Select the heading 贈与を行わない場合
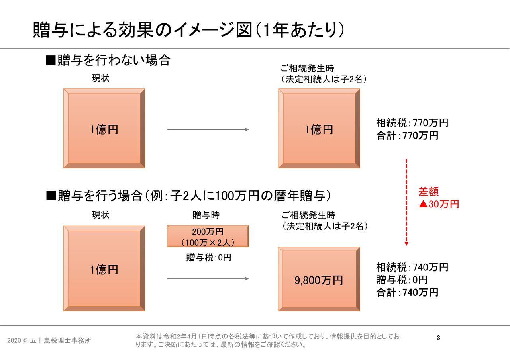pos(108,60)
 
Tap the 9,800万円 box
pos(319,279)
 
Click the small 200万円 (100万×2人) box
pos(208,236)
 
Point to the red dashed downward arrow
pos(406,202)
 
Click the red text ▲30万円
pos(439,204)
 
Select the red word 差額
pos(428,192)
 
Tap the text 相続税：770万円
pos(412,123)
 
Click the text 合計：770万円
pos(407,135)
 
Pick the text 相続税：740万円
pos(412,267)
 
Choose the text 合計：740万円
pos(407,292)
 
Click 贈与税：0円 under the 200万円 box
pos(208,258)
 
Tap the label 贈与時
pos(206,215)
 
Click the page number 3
pos(438,338)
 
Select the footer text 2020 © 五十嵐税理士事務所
pos(49,340)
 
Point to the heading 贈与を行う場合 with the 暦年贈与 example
pos(188,196)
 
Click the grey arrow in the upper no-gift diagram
pos(208,129)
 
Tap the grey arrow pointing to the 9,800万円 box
pos(208,278)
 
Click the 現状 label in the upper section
pos(100,78)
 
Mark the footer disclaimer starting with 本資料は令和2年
pos(267,340)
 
